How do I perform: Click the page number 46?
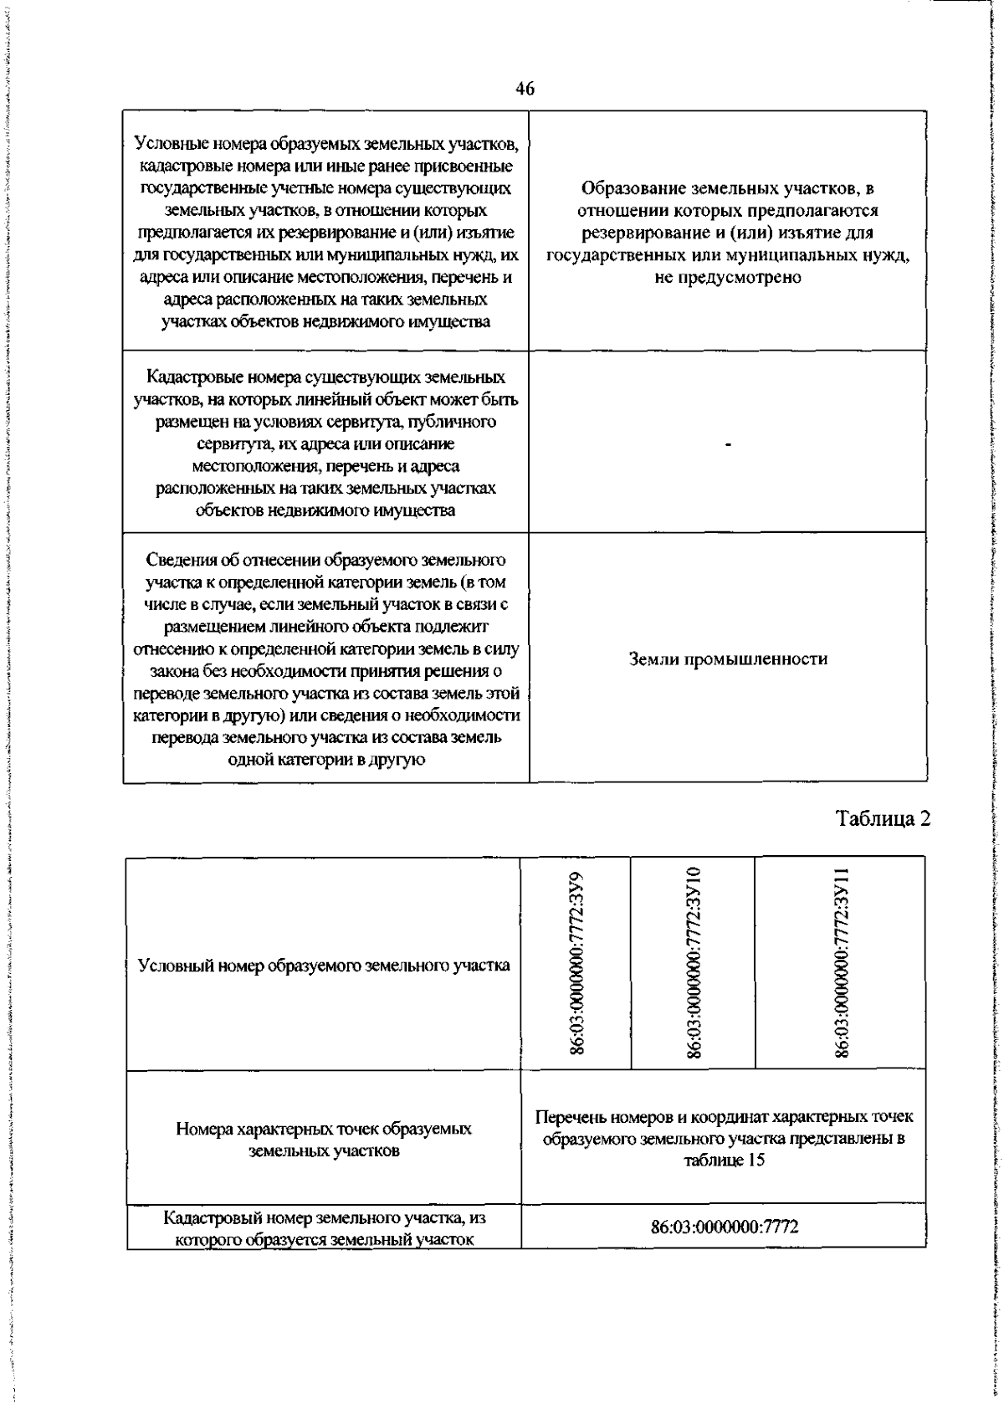point(525,90)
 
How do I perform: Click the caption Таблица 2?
point(884,817)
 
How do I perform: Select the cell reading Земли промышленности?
point(728,659)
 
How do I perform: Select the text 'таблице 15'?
point(725,1161)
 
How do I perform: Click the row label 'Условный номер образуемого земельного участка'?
point(324,966)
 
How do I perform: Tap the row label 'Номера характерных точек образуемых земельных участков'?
point(324,1140)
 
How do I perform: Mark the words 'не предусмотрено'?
point(728,278)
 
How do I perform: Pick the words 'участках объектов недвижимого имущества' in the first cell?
point(326,322)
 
